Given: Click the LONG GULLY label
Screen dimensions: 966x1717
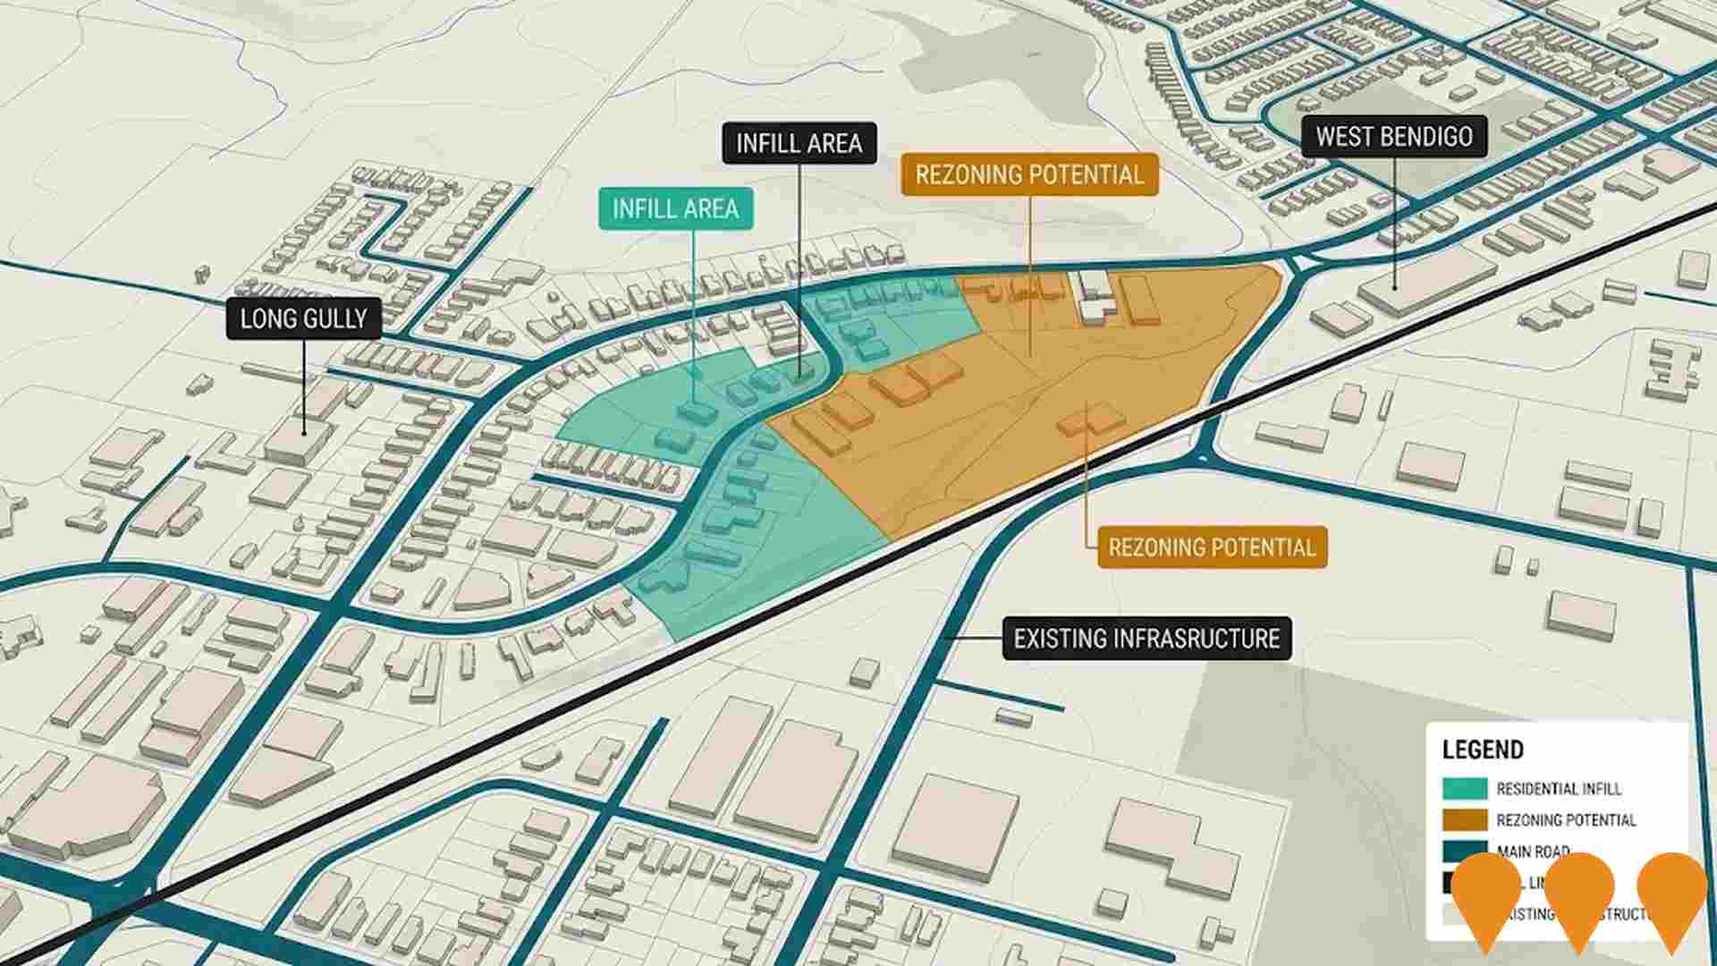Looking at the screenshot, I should click(304, 319).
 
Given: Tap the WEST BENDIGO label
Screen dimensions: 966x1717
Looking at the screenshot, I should click(1394, 137).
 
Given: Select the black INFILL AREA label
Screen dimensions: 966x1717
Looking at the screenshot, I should click(799, 144).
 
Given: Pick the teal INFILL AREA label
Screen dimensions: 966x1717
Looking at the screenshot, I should click(675, 209).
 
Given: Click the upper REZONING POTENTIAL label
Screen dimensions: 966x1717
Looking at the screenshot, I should click(1029, 174).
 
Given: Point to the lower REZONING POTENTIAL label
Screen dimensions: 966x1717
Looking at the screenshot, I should click(1212, 547).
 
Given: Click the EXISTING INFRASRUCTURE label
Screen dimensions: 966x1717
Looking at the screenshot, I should click(1146, 639).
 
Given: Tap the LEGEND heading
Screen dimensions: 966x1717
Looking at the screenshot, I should click(1482, 750).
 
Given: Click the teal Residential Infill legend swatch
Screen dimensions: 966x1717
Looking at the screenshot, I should click(1464, 788).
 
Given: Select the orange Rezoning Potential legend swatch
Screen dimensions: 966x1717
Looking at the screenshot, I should click(1464, 819).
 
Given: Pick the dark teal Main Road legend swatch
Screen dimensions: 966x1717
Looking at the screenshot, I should click(1464, 851).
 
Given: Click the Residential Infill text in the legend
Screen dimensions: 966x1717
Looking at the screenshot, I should click(1558, 789).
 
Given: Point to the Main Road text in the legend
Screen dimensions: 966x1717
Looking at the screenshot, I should click(1533, 852).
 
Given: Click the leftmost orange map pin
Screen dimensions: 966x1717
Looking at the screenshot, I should click(1485, 894).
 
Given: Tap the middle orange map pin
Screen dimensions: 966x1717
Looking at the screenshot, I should click(1578, 894).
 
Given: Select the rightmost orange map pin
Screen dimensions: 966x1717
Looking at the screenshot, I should click(1671, 894).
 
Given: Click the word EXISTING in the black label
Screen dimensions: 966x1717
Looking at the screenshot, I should click(1061, 639).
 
